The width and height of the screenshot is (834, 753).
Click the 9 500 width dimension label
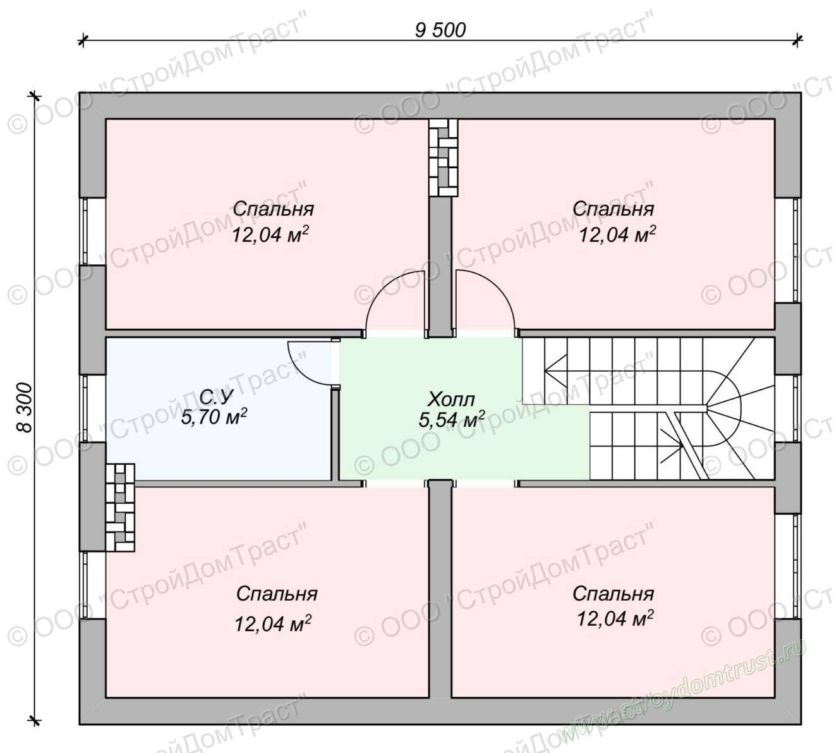440,30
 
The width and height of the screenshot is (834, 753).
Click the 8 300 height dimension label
25,408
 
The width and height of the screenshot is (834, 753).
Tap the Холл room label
451,400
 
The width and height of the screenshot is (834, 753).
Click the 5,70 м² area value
214,417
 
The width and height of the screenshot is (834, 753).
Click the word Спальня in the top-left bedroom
273,209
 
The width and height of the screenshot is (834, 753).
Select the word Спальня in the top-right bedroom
613,209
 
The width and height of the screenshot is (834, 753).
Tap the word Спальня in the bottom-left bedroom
277,594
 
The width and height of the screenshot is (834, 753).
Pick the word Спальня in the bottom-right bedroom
613,594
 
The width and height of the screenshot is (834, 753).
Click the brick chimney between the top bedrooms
443,157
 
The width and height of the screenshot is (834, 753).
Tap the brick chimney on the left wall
120,508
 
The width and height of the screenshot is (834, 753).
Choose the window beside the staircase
788,408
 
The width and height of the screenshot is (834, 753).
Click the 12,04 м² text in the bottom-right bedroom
615,618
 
